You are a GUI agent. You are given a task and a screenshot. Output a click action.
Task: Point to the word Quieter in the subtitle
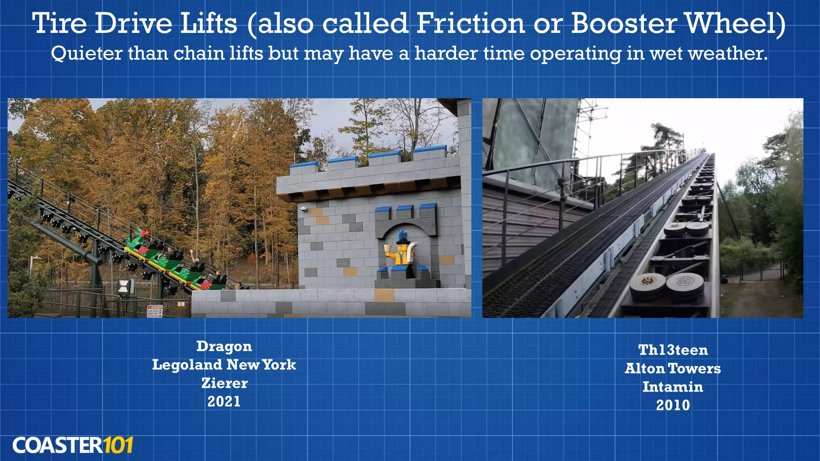pos(86,54)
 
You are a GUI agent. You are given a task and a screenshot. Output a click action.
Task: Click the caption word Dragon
pos(224,347)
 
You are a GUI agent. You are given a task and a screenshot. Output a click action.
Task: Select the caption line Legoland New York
pos(224,365)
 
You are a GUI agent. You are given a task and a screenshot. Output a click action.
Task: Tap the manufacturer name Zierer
pos(224,383)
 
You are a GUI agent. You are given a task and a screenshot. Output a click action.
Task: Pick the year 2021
pos(224,401)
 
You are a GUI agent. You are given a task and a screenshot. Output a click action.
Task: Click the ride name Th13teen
pos(673,350)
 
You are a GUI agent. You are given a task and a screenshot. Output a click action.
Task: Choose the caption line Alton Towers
pos(673,369)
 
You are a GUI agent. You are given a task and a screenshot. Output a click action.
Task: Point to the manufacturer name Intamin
pos(673,387)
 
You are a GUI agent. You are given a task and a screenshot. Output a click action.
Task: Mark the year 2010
pos(673,405)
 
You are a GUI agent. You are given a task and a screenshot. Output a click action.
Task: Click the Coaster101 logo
pos(72,445)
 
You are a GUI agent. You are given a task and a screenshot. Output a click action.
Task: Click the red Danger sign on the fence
pos(155,311)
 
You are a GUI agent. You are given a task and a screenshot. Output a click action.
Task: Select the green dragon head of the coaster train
pos(137,239)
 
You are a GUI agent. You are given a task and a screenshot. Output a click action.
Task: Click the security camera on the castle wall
pos(304,208)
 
